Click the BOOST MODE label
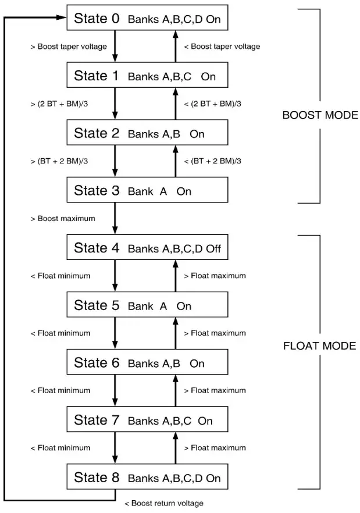320,115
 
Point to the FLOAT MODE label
319,346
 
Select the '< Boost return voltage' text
163,503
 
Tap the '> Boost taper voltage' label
68,47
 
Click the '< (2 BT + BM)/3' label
212,104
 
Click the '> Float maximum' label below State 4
215,276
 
